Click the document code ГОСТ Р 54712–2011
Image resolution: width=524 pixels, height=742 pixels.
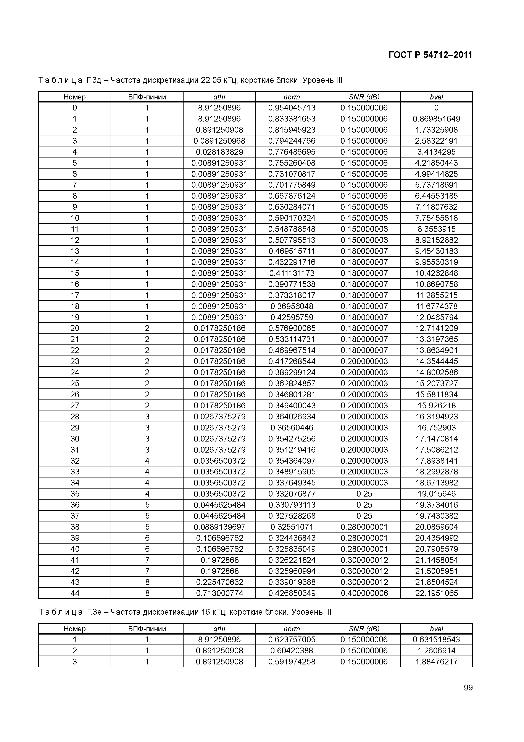click(430, 55)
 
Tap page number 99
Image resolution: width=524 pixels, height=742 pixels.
click(468, 697)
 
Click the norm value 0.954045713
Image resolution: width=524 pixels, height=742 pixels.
click(292, 108)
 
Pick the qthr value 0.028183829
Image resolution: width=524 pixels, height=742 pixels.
click(219, 152)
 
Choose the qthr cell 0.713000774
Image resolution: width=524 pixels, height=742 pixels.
click(219, 593)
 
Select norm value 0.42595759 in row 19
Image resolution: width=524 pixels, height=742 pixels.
click(292, 317)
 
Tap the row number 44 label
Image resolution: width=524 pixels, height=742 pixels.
click(75, 593)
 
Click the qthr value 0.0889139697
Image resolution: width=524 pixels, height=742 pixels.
click(219, 527)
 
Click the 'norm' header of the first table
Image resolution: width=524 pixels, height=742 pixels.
click(292, 97)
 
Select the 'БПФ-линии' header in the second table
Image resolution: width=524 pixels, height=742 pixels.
click(147, 629)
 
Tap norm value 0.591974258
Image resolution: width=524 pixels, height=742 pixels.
click(292, 662)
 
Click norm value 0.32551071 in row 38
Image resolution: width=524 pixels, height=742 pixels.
click(292, 527)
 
